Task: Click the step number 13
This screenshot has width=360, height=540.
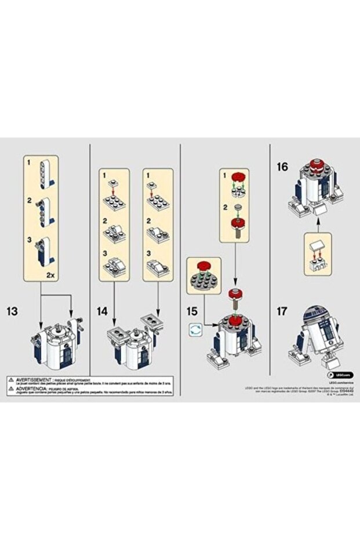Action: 11,311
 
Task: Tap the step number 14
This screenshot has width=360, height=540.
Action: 102,311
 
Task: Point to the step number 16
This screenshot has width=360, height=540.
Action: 282,166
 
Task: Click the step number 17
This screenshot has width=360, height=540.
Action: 282,311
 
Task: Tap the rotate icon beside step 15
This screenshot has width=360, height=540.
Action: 195,329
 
